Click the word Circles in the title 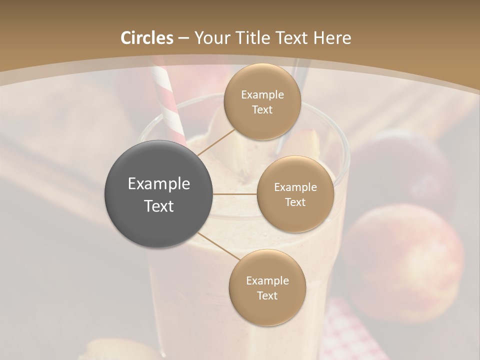[x=146, y=38]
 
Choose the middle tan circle [x=295, y=194]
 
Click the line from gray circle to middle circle [x=235, y=194]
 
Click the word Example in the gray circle [x=159, y=184]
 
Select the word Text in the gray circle [x=159, y=206]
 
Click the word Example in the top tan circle [x=262, y=95]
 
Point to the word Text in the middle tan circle [x=295, y=202]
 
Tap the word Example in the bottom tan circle [x=267, y=281]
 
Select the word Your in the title [x=212, y=38]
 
